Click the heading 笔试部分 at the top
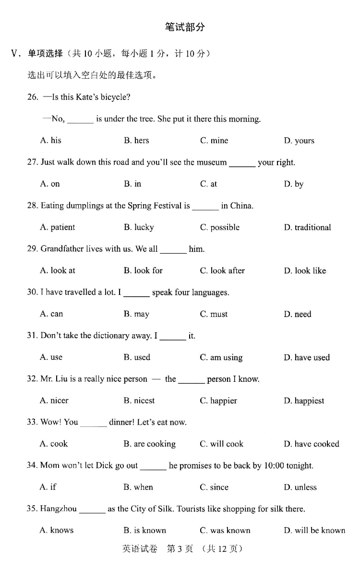point(185,27)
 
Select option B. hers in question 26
point(136,141)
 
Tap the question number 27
point(32,162)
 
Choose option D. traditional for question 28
point(307,228)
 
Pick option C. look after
point(222,271)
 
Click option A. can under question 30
point(51,314)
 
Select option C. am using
point(221,358)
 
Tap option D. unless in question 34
point(300,487)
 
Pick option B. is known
point(144,531)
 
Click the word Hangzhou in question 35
point(59,509)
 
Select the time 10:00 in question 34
point(275,466)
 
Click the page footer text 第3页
point(180,548)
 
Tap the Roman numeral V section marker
point(14,54)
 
